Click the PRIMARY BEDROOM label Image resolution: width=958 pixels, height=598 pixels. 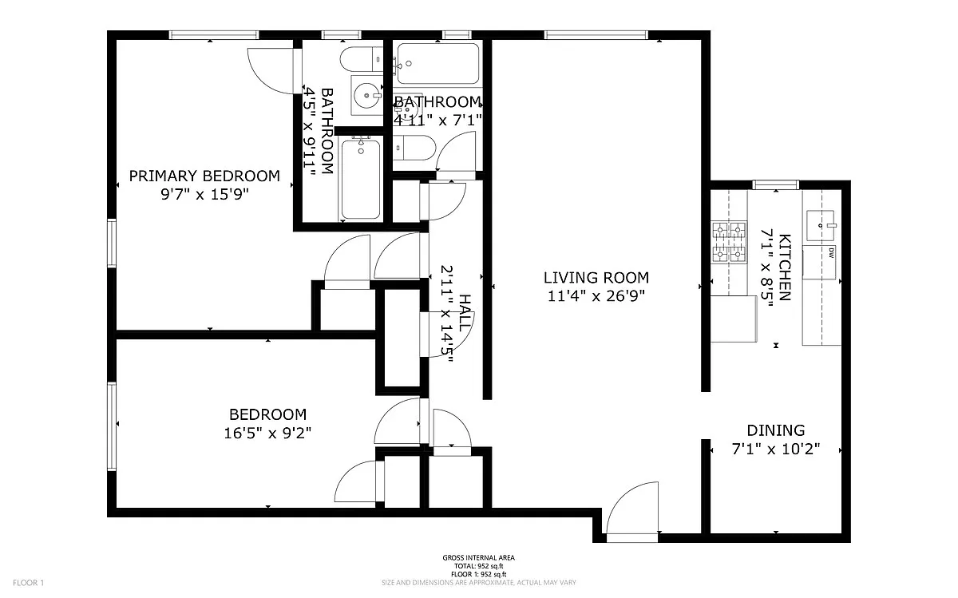coord(204,176)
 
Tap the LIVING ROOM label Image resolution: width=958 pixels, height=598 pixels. coord(596,278)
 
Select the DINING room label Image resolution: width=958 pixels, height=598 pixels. coord(776,430)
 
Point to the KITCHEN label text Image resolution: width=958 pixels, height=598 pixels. coord(785,267)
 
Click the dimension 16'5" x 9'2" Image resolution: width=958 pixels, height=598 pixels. coord(267,434)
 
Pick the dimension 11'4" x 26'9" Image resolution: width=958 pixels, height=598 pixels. coord(596,295)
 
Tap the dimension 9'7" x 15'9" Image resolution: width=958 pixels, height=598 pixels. coord(204,195)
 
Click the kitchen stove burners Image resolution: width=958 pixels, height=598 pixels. coord(729,242)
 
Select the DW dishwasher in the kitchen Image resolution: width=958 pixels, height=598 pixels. coord(819,262)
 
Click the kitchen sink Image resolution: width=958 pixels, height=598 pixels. coord(821,225)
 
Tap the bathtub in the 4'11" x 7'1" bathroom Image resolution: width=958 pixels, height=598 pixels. coord(438,63)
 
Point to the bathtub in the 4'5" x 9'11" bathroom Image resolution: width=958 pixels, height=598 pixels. coord(361,179)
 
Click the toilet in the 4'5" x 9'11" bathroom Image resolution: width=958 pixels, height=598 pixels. coord(362,59)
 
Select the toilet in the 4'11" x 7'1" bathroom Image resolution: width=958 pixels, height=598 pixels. coord(414,148)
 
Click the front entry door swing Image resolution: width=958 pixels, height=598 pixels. coord(632,508)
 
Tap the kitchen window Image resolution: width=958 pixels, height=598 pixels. coord(776,184)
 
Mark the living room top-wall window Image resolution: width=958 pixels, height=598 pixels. coord(596,34)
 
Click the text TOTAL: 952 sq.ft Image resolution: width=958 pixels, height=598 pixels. coord(478,566)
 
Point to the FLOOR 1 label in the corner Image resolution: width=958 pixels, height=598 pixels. coord(28,583)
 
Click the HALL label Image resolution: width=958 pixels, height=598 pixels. coord(465,313)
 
